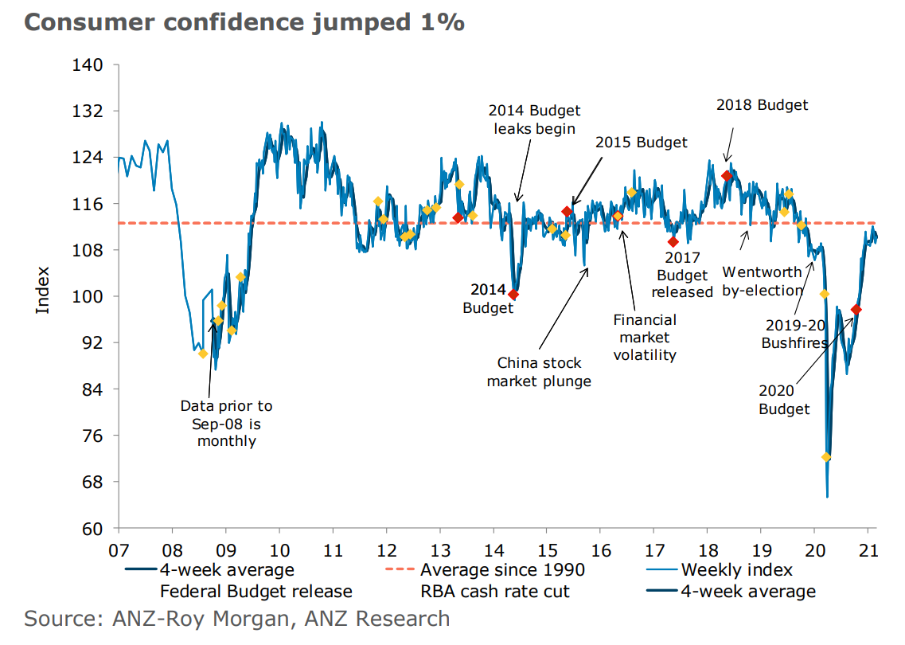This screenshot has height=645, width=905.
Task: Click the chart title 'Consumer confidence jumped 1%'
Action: point(244,22)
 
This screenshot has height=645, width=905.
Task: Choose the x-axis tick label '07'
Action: point(118,550)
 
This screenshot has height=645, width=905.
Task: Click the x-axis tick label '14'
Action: point(493,550)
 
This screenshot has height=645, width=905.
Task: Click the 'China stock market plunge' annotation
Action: point(539,372)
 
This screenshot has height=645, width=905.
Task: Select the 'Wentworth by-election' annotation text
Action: point(762,282)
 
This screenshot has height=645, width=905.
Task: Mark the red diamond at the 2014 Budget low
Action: point(513,295)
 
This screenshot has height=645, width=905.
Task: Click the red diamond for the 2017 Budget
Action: point(673,242)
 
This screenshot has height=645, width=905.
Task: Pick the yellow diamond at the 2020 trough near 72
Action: point(826,457)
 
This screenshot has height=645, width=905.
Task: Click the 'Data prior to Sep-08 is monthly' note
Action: point(226,424)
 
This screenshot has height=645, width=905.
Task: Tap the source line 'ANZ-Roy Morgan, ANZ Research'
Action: point(236,619)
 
